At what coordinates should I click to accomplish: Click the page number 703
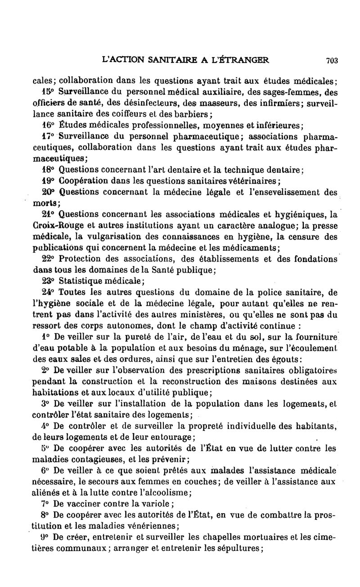(332, 60)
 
